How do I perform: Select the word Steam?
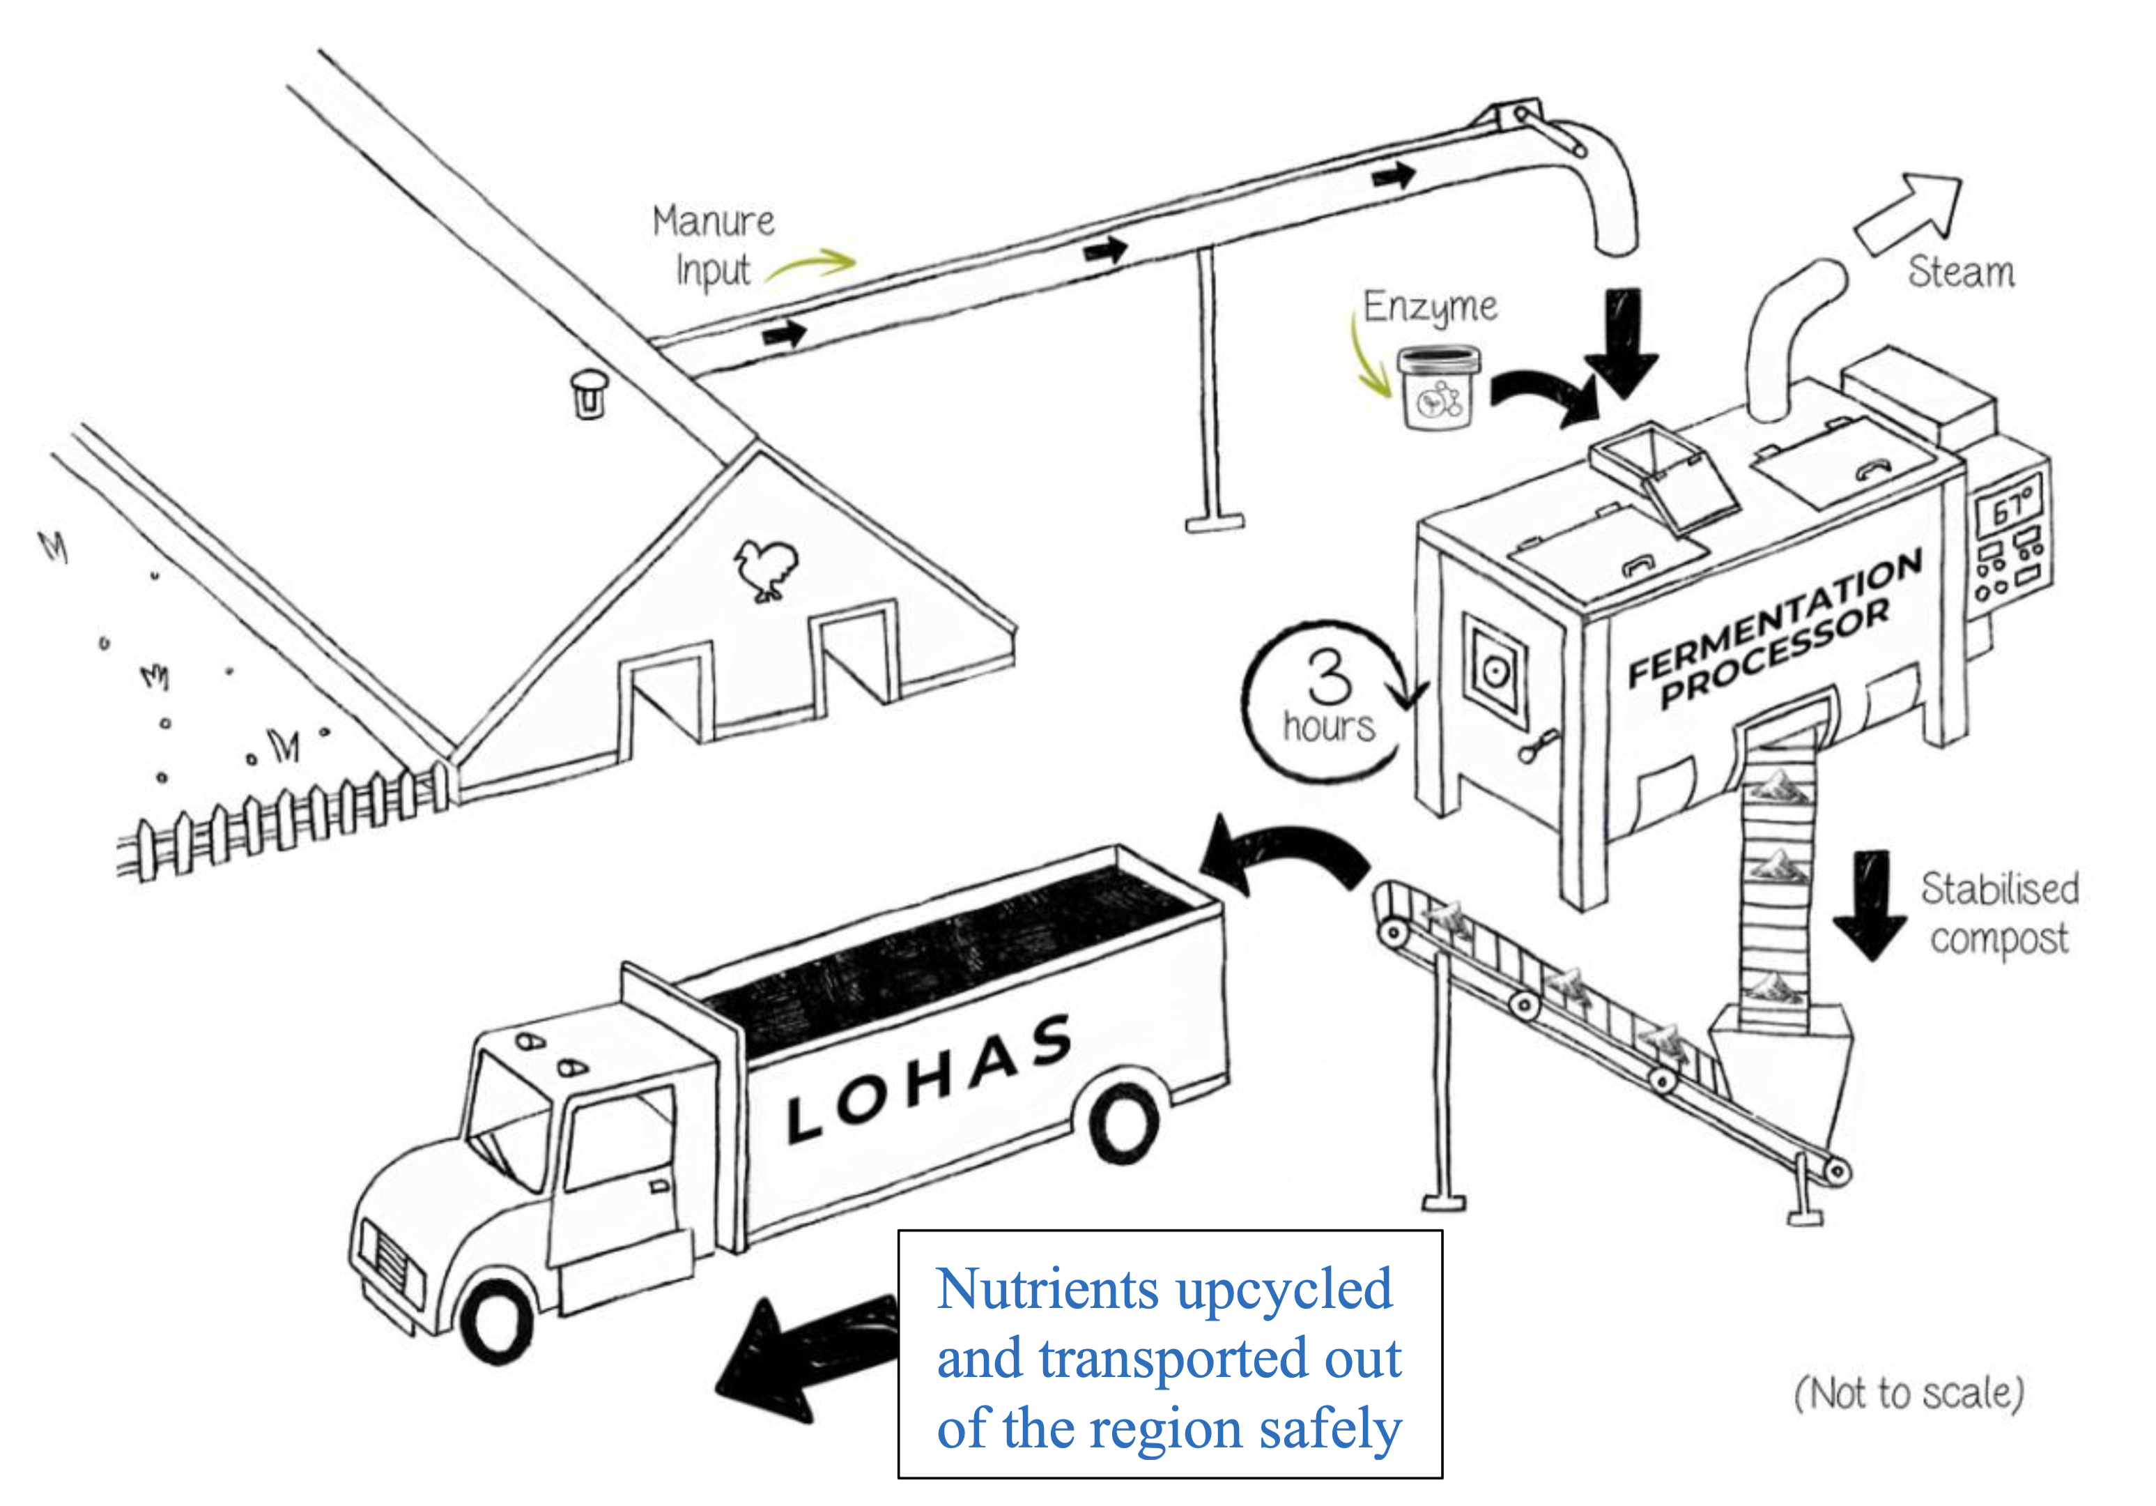1961,273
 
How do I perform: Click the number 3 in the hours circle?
1329,676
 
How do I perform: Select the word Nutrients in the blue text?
1047,1289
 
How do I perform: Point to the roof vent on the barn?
589,393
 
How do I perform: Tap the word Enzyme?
1430,307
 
